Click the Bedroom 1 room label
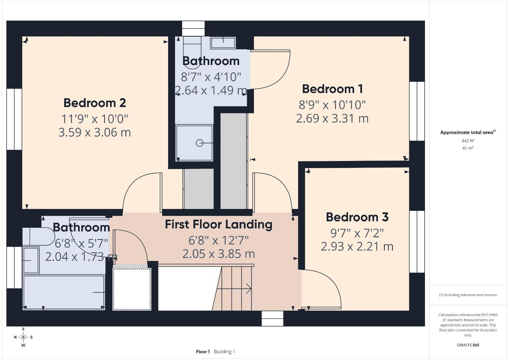point(332,89)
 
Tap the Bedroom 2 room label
point(94,103)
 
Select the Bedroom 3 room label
point(357,217)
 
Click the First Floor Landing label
point(218,224)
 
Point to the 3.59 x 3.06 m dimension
point(94,132)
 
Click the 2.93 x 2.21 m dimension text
point(357,246)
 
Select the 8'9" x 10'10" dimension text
point(332,105)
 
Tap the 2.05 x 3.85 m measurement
point(218,254)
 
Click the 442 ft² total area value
point(468,141)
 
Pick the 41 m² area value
point(468,148)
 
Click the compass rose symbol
point(23,337)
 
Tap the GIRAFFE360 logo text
point(468,345)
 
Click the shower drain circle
point(199,143)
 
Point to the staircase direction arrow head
point(249,289)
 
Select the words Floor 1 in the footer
point(203,352)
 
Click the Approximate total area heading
point(468,132)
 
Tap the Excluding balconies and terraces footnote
point(468,295)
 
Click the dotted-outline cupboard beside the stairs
point(132,289)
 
